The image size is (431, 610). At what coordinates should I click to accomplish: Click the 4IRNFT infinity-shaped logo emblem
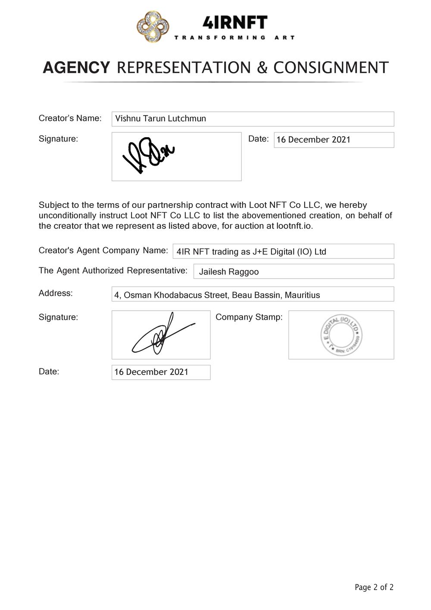153,27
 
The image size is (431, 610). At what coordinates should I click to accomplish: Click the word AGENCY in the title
76,68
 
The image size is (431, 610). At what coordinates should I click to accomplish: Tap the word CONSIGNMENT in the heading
331,68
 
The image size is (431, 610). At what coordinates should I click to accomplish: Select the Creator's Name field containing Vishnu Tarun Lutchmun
253,119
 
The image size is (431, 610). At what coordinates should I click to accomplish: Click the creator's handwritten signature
148,155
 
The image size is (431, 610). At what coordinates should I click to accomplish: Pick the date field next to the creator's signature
334,140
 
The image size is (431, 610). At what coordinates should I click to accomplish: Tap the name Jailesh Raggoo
229,272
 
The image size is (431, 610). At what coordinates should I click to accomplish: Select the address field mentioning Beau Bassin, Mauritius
253,295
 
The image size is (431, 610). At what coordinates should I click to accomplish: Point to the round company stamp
341,335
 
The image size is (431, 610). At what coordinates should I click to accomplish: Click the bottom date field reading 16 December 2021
161,372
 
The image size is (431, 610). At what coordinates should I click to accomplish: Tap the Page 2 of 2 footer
374,587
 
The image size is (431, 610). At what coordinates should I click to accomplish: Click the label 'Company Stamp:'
249,317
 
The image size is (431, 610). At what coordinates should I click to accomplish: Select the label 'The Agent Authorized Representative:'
113,270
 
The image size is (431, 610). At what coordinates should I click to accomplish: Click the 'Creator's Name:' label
70,118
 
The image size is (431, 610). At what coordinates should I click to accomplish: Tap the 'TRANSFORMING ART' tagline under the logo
234,38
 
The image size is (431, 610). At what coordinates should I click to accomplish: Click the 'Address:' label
56,293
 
